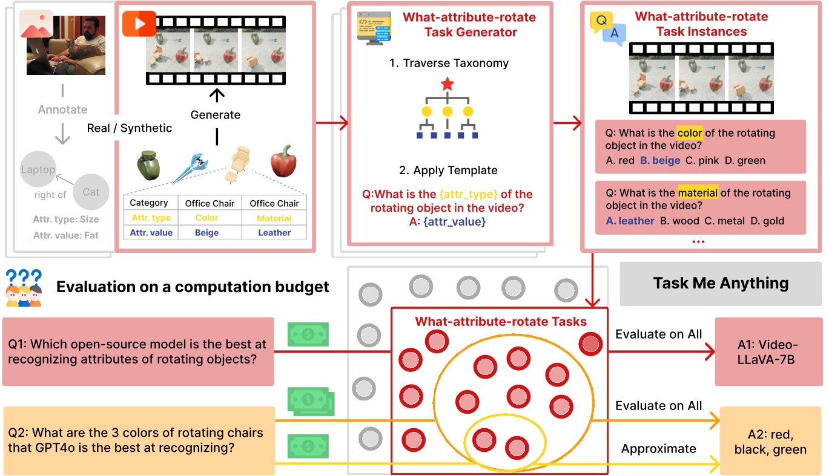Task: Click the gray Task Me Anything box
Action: click(721, 283)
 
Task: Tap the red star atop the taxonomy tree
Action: click(447, 84)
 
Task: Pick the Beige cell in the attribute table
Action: click(206, 232)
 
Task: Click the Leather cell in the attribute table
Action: click(274, 232)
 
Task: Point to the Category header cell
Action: click(149, 203)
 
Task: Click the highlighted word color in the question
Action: click(690, 133)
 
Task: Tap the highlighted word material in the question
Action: click(698, 194)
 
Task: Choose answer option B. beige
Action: click(660, 160)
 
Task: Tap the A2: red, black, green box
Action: click(770, 442)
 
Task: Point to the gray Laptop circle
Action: click(38, 170)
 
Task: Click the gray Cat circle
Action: click(91, 192)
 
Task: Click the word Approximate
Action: click(658, 449)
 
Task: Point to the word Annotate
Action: click(62, 109)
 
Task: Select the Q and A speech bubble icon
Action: click(607, 28)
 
